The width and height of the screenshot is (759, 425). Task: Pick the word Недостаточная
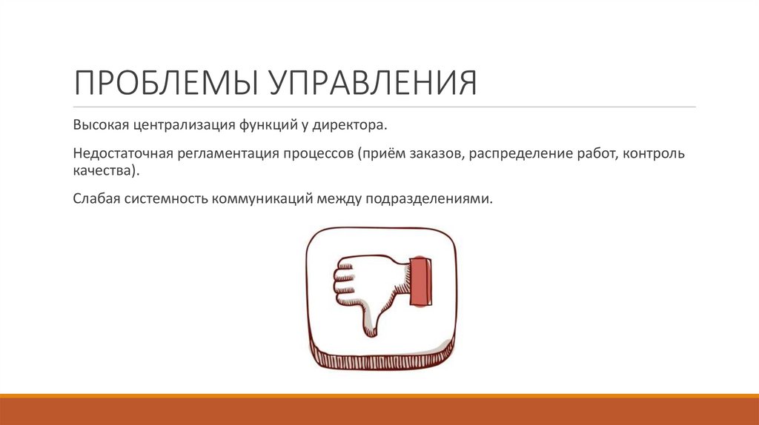pyautogui.click(x=122, y=155)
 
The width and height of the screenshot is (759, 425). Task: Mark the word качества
pyautogui.click(x=105, y=171)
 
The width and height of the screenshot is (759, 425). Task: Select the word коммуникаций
pyautogui.click(x=266, y=201)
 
